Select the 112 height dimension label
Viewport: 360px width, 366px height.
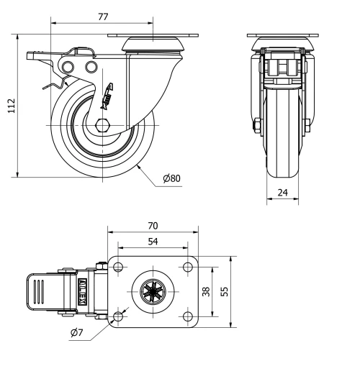(x=9, y=105)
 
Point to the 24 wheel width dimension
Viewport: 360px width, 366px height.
(x=284, y=192)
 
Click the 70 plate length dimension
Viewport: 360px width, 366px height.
(x=153, y=225)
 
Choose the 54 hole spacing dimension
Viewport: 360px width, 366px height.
(x=153, y=242)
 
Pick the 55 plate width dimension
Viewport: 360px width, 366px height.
(x=225, y=292)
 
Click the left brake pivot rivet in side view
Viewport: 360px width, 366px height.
(x=69, y=67)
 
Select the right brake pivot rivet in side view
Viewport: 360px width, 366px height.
(x=91, y=67)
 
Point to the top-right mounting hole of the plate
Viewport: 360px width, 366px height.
(x=188, y=267)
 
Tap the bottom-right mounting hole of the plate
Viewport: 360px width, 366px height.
(x=188, y=317)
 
